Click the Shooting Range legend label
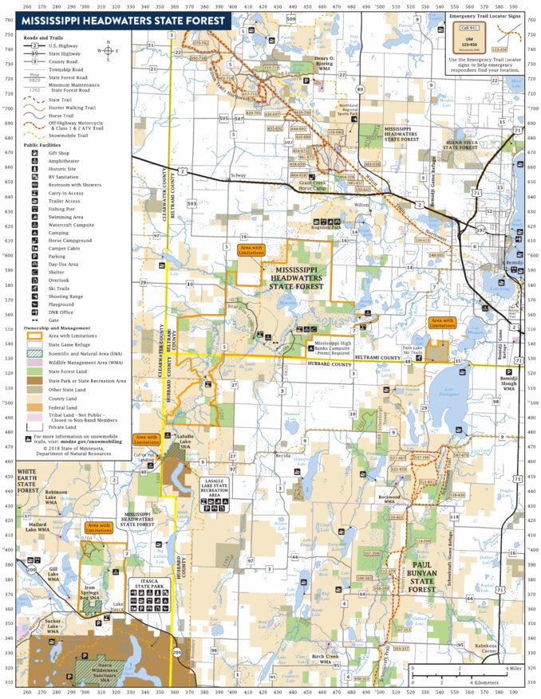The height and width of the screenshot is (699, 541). (x=65, y=296)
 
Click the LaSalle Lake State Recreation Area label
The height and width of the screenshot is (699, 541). (x=215, y=490)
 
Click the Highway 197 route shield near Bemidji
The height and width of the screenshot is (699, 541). (x=481, y=230)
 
